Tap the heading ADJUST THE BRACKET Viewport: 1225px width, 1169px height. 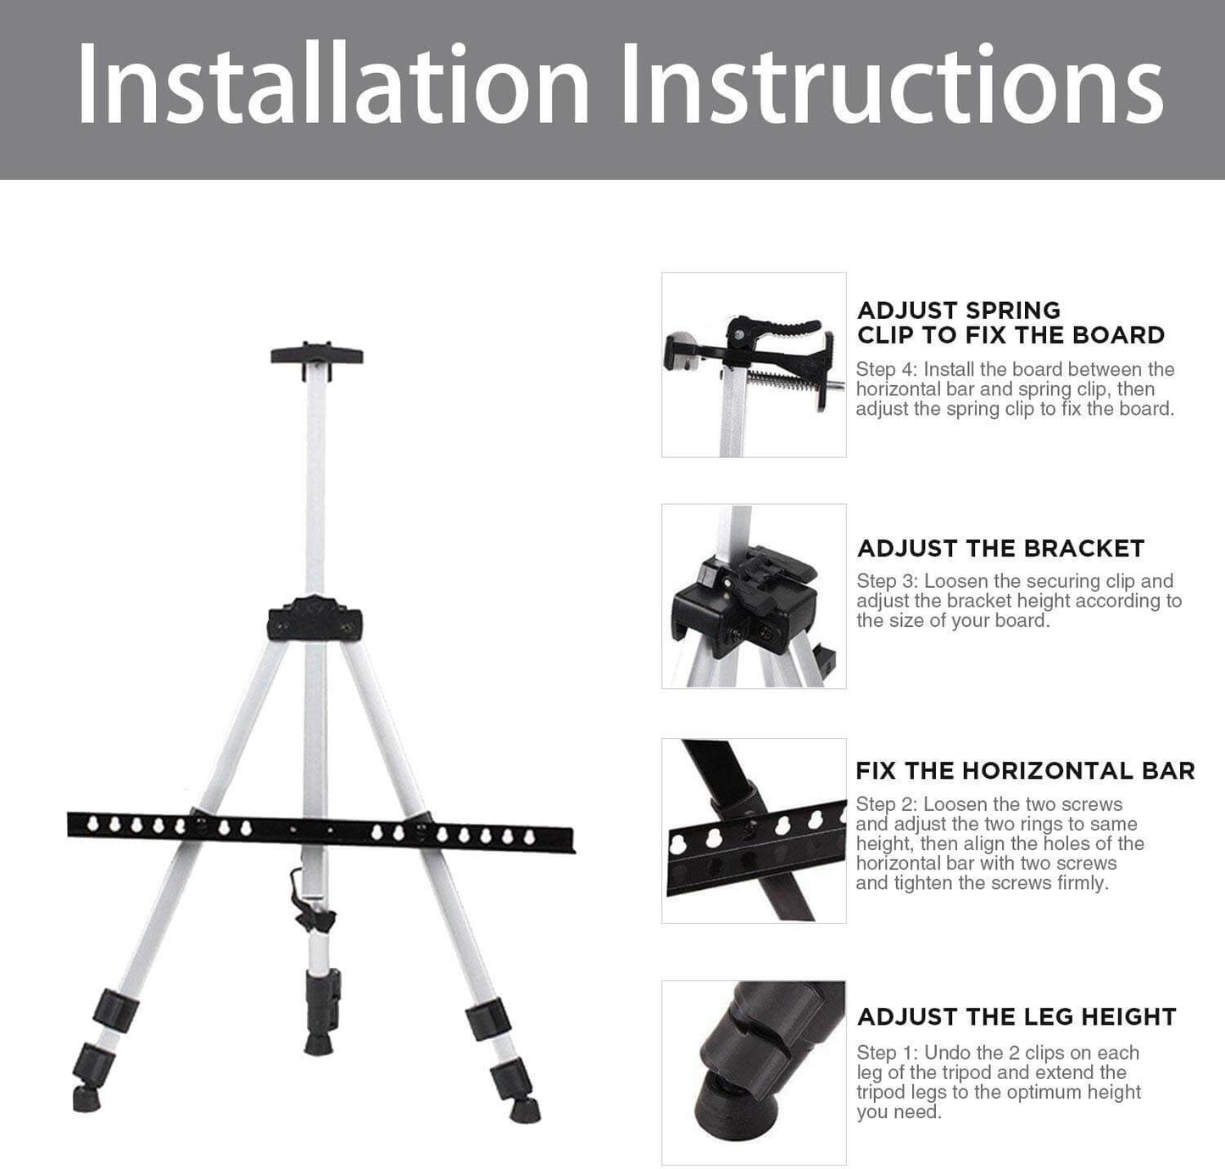pos(1000,549)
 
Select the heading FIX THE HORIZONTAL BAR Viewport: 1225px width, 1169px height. pos(1025,770)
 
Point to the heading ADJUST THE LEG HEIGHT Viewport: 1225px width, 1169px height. pos(1016,1017)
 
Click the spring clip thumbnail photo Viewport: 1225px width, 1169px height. pos(754,365)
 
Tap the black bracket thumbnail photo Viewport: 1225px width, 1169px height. pos(754,596)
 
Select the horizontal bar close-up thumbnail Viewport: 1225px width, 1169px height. pos(754,831)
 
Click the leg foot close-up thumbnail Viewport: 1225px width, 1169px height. pos(754,1072)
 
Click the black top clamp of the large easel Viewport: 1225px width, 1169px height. pos(316,354)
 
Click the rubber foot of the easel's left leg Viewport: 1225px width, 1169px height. pos(86,1099)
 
